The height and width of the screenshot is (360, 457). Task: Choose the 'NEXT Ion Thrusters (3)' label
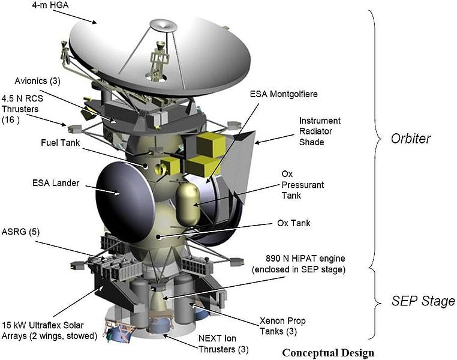tap(223, 343)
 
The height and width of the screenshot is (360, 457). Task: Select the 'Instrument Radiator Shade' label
tap(320, 131)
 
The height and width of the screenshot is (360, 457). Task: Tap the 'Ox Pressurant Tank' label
tap(302, 185)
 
